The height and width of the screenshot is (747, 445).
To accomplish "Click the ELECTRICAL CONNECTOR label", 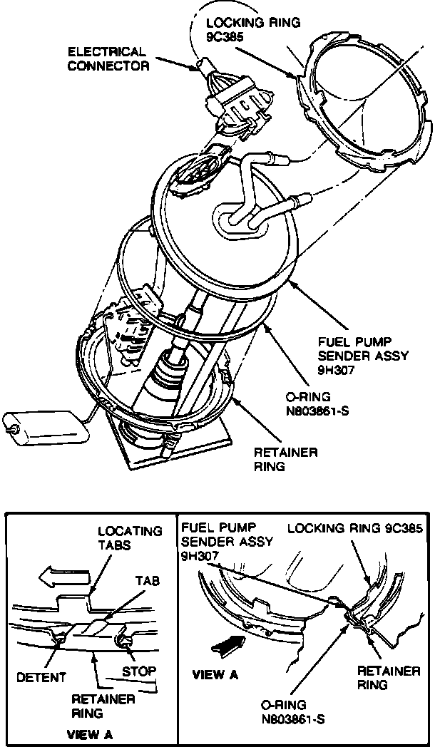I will (108, 59).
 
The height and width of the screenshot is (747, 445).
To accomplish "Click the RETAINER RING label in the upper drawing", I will (285, 460).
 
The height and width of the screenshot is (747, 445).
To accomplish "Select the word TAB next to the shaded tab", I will (148, 581).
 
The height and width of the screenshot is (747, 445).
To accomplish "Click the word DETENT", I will (41, 676).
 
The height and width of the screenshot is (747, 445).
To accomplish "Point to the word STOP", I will (140, 671).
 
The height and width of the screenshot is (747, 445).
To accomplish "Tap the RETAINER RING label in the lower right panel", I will (387, 678).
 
